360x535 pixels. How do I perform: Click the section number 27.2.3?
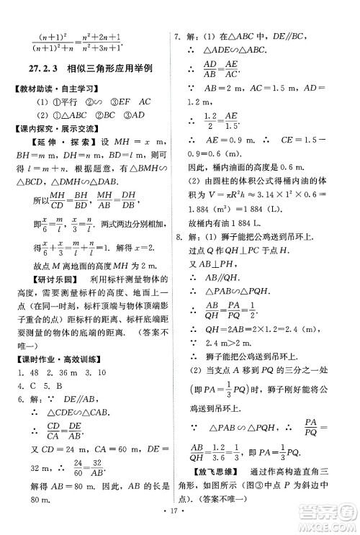pyautogui.click(x=41, y=69)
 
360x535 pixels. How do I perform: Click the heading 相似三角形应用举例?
pyautogui.click(x=110, y=69)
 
